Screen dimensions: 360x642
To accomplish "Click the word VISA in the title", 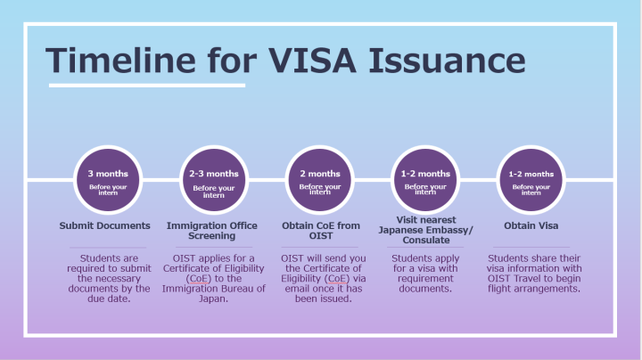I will coord(313,61).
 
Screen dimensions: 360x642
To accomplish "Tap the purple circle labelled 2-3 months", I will coord(214,180).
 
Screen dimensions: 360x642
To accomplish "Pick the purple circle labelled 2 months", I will coord(319,180).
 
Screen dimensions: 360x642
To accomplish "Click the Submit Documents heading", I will coord(105,225).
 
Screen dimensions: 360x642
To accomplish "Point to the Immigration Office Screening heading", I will coord(212,231).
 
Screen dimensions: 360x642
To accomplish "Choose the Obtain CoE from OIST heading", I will coord(319,231).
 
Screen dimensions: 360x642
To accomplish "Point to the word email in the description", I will coord(294,289).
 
